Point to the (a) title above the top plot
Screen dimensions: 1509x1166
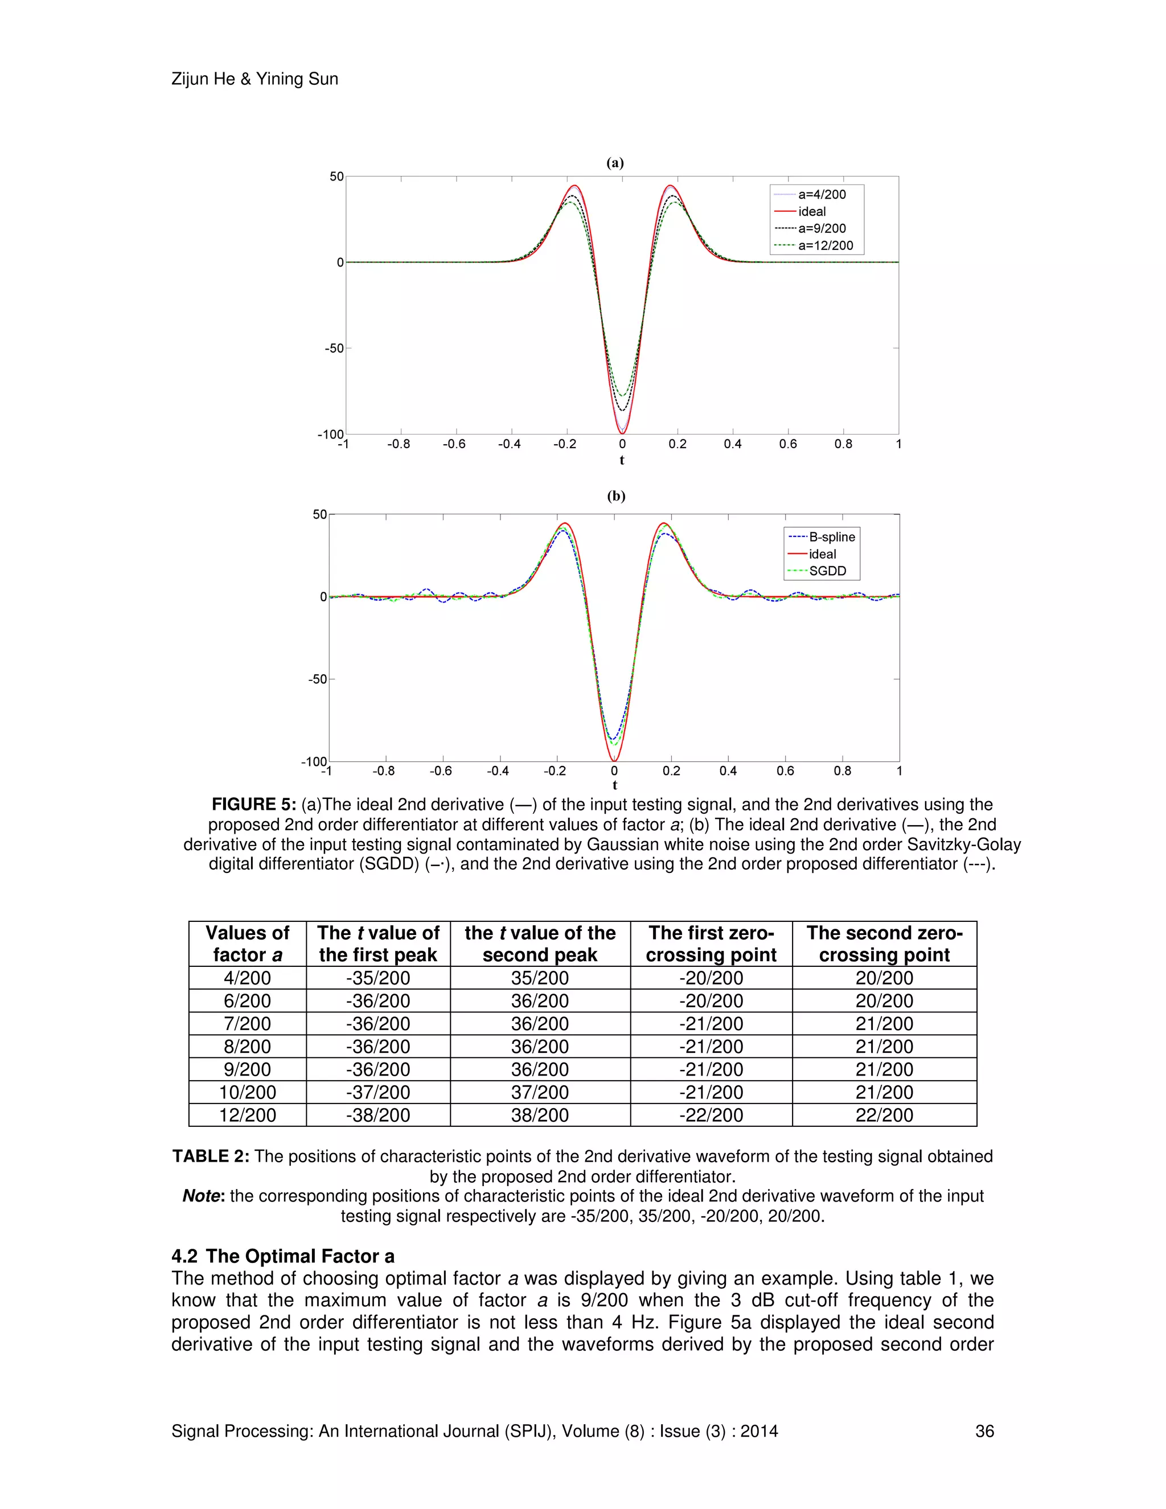pos(615,163)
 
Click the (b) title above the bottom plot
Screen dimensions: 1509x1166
pos(615,496)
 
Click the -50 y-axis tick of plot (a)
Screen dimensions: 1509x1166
pos(334,348)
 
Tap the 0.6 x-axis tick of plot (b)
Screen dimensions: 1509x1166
pos(785,771)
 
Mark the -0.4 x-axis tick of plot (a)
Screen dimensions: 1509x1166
pos(509,444)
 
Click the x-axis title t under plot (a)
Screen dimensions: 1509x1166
pos(622,460)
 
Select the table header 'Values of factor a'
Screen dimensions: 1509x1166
pos(247,944)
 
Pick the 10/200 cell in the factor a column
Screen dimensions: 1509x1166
pos(247,1092)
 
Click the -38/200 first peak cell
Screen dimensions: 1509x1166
pos(378,1115)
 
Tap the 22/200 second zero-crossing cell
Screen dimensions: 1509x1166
pos(884,1115)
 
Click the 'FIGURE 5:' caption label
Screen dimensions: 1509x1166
pos(253,804)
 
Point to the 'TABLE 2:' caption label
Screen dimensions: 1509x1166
pos(211,1157)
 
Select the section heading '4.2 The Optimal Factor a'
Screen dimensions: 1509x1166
pos(282,1256)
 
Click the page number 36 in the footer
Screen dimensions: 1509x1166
pos(984,1431)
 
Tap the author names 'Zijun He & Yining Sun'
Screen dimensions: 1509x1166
pos(255,79)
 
